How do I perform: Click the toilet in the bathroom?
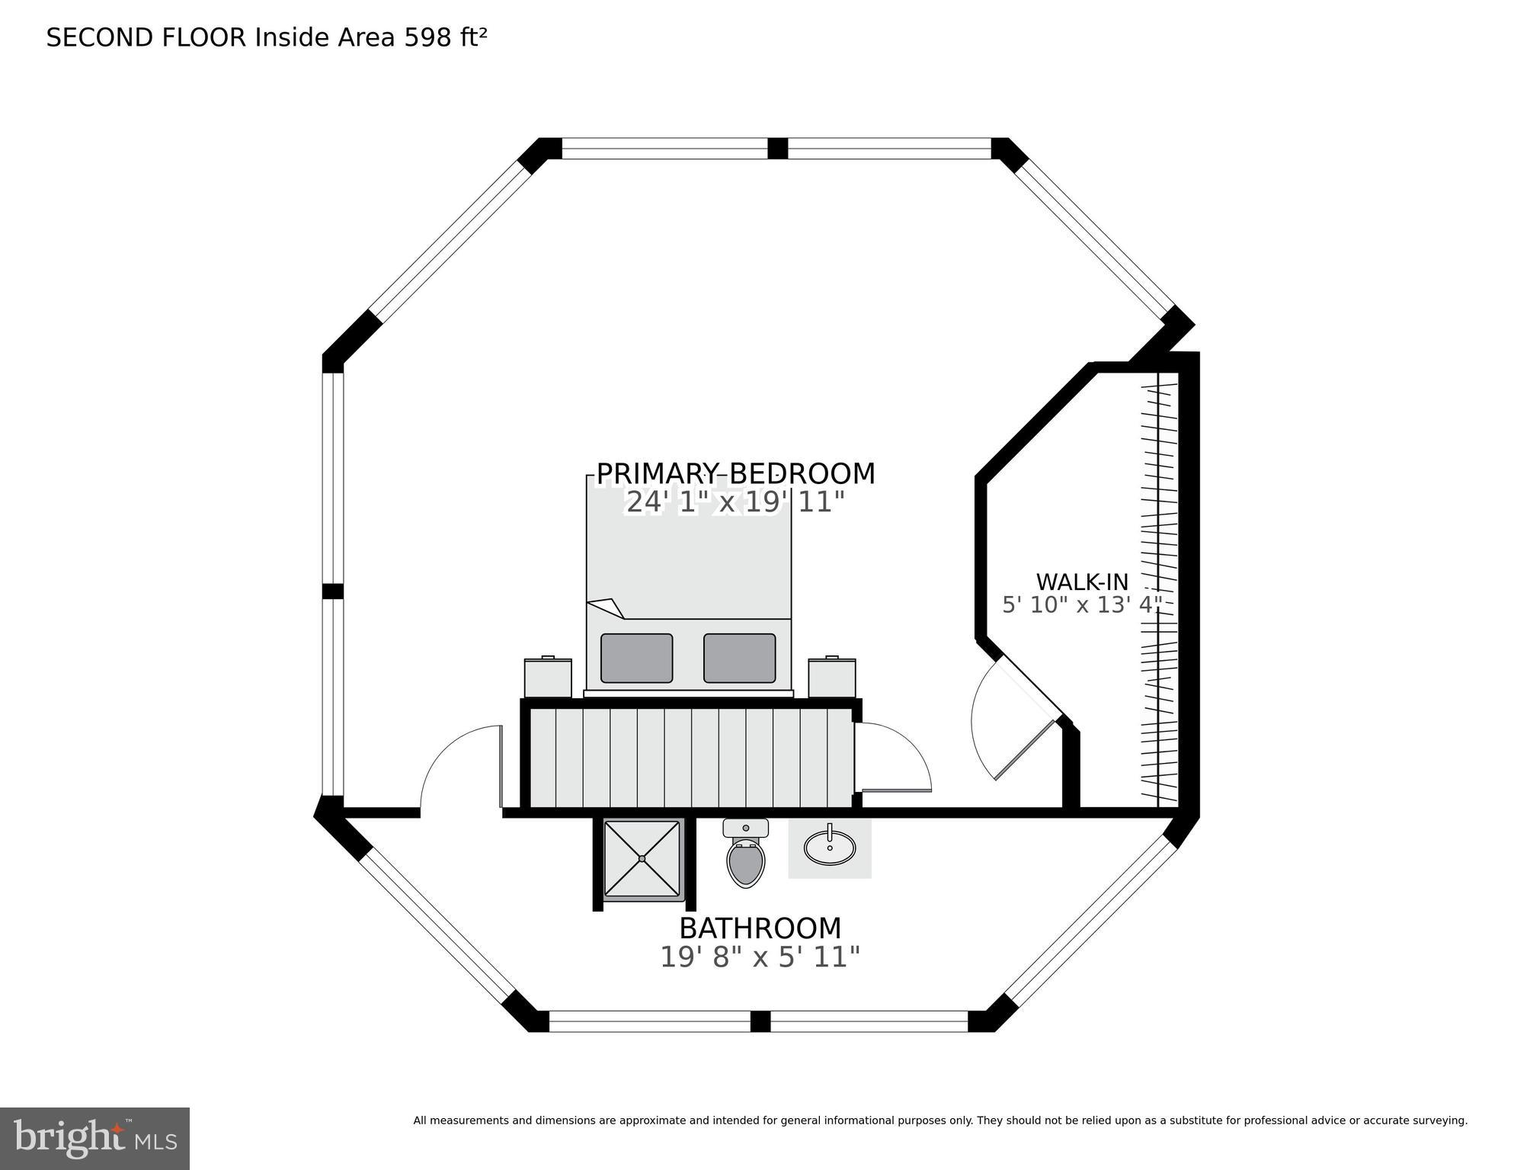(x=745, y=853)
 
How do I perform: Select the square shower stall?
(x=642, y=859)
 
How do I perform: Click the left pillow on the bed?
(x=636, y=658)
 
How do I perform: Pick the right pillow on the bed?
(x=739, y=658)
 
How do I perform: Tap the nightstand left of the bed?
(x=548, y=678)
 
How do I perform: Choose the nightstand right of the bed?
(x=832, y=678)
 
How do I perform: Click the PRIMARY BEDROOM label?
(x=735, y=474)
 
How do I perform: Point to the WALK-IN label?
(x=1082, y=582)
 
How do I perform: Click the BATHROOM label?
(x=760, y=928)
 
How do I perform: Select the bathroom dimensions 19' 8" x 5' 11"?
(x=760, y=957)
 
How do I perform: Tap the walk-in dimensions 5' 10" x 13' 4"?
(x=1082, y=605)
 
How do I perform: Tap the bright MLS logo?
(x=94, y=1138)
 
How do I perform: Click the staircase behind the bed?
(x=691, y=758)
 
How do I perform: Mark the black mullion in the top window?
(x=777, y=148)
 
